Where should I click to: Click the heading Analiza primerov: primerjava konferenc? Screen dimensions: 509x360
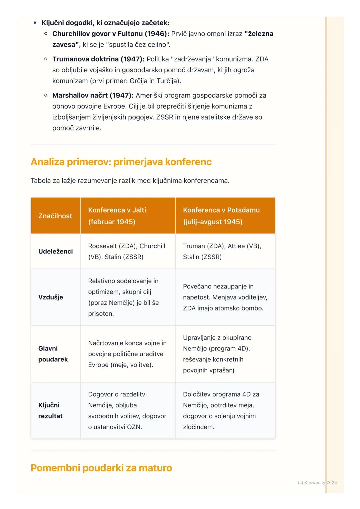[121, 162]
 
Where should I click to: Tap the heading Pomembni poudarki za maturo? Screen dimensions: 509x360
[101, 468]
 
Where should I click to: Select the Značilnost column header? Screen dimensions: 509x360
[55, 216]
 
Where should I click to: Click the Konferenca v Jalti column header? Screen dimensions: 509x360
[117, 216]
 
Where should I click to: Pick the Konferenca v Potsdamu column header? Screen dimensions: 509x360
[221, 216]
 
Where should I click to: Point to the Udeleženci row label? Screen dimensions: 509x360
[55, 252]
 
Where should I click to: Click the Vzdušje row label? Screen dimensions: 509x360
[51, 297]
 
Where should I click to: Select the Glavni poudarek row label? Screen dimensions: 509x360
[53, 354]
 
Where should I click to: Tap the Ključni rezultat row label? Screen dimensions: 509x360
[50, 410]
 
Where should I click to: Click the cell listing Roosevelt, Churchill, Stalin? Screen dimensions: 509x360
[127, 252]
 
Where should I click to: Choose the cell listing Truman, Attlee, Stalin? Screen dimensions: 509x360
[222, 252]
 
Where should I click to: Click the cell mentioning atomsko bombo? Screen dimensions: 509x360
[225, 297]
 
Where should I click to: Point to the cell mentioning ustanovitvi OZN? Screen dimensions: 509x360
[127, 410]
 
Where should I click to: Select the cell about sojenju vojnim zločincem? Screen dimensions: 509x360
[221, 410]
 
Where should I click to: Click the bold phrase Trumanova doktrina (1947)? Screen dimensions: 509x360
[98, 59]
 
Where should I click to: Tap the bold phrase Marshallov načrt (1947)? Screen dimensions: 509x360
[93, 96]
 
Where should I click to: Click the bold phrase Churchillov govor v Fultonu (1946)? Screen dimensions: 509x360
[111, 34]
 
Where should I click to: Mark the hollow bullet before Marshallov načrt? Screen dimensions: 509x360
[46, 95]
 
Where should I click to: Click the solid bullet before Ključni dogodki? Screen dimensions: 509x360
[35, 23]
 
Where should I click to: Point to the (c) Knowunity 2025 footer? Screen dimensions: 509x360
[317, 482]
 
